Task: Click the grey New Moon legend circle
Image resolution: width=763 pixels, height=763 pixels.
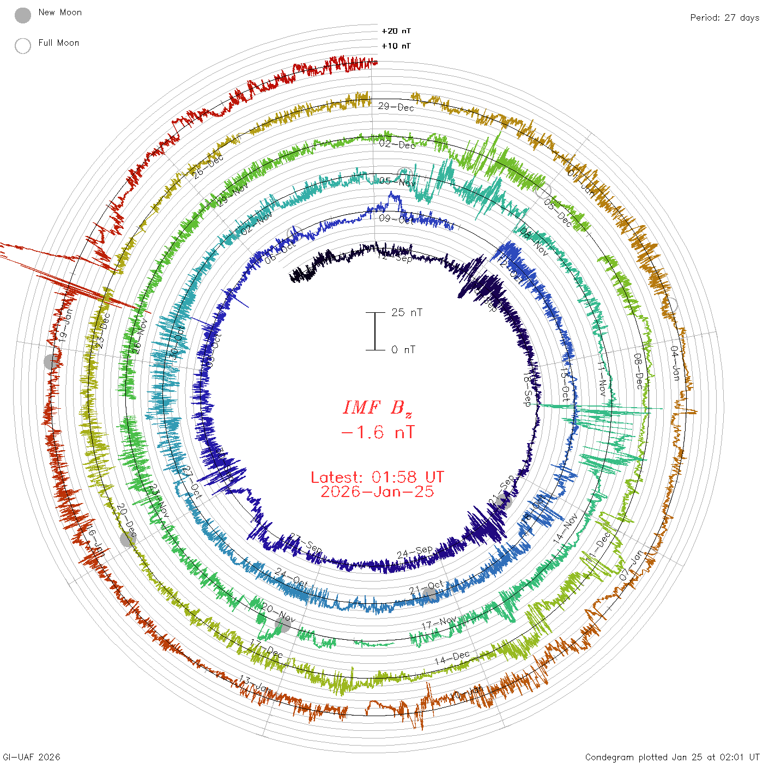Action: click(x=23, y=16)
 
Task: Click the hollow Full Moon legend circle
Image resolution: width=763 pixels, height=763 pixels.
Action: click(x=23, y=46)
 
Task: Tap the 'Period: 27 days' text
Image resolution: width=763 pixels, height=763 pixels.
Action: click(x=724, y=18)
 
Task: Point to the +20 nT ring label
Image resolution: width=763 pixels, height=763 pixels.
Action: click(x=396, y=31)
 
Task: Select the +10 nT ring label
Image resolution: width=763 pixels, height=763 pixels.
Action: click(x=396, y=46)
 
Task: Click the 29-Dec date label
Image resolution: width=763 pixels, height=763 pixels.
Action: click(x=396, y=107)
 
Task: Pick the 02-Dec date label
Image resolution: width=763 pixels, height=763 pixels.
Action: click(x=397, y=144)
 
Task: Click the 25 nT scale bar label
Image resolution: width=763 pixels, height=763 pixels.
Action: click(x=407, y=312)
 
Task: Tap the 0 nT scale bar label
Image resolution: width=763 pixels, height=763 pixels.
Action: click(x=403, y=350)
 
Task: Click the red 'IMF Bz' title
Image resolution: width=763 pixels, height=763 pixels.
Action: click(x=377, y=408)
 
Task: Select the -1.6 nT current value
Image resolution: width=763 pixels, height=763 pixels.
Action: click(x=377, y=433)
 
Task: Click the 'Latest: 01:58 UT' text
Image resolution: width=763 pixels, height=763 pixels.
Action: click(x=377, y=477)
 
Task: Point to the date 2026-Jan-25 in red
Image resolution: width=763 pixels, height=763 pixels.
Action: click(x=377, y=492)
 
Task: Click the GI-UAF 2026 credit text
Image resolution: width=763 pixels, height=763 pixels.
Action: click(x=32, y=757)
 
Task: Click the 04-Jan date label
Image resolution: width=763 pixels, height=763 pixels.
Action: click(x=675, y=363)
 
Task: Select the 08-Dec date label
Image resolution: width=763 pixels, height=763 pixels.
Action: click(x=638, y=371)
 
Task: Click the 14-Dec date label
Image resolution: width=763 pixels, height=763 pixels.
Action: click(x=452, y=658)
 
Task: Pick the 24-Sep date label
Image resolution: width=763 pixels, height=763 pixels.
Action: click(x=415, y=552)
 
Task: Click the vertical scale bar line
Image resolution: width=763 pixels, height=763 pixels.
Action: click(x=375, y=331)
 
